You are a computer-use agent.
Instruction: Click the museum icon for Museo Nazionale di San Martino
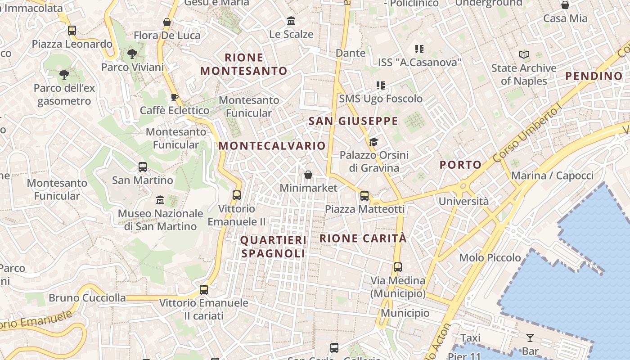[160, 200]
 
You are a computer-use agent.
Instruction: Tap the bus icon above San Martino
[143, 167]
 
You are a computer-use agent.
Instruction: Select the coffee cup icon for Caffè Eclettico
[175, 97]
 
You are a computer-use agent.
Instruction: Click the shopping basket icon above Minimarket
[308, 174]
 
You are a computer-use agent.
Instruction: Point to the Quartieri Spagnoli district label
[273, 247]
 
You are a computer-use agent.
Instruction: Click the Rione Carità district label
[363, 238]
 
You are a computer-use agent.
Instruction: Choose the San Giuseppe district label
[353, 121]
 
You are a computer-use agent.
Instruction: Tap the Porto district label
[460, 165]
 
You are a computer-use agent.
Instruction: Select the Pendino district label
[594, 76]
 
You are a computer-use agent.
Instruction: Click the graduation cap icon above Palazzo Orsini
[373, 142]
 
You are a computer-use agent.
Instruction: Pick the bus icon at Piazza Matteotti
[364, 196]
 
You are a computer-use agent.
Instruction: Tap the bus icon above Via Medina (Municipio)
[397, 267]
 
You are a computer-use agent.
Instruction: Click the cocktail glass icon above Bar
[530, 338]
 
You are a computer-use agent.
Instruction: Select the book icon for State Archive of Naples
[524, 55]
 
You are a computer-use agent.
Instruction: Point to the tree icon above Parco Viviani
[132, 54]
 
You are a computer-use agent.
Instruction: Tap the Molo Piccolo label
[490, 258]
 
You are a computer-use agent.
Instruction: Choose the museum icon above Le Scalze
[291, 21]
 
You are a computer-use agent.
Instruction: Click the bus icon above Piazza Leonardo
[72, 31]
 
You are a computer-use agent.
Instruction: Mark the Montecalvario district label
[272, 146]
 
